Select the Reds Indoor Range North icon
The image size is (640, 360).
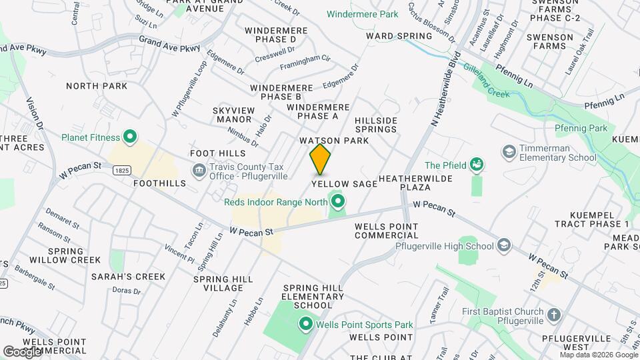tap(338, 201)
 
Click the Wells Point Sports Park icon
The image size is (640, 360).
tap(306, 325)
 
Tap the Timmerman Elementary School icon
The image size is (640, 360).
tap(509, 151)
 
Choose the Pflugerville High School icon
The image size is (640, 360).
tap(503, 245)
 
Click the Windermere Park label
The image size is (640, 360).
tap(363, 14)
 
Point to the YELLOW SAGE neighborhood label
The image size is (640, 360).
tap(344, 183)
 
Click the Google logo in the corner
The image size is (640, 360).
tap(22, 351)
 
